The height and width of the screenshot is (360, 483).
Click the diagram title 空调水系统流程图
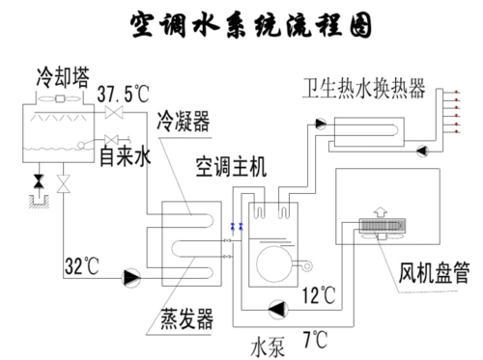coord(250,26)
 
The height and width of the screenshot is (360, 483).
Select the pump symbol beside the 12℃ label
coord(277,308)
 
